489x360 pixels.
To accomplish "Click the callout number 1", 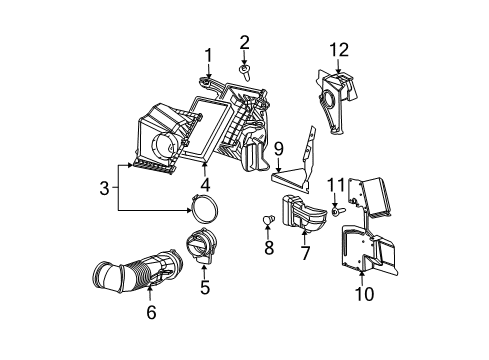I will (x=209, y=55).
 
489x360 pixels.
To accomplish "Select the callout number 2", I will (x=244, y=41).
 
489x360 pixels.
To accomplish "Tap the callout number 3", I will (x=104, y=187).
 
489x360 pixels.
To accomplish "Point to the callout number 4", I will (x=204, y=184).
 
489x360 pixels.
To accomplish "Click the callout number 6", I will (x=151, y=313).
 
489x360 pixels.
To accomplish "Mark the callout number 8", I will (x=269, y=245).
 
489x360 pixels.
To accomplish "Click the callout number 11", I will (x=337, y=183).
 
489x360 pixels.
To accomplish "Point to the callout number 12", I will (x=340, y=50).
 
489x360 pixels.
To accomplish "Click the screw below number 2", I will (x=245, y=70).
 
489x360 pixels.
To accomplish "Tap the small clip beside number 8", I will (x=268, y=219).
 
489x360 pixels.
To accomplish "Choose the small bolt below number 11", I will (x=336, y=209).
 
